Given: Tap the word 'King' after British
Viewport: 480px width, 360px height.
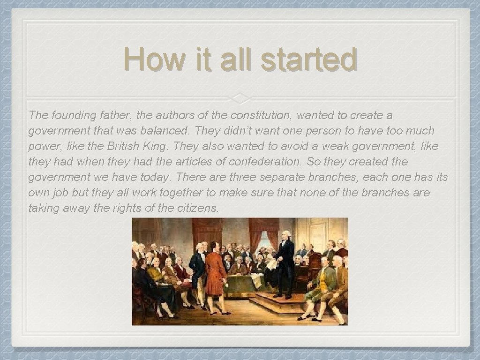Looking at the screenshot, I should point(157,146).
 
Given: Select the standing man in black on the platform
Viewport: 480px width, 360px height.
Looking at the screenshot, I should point(285,262).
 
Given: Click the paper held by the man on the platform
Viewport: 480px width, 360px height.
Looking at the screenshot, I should point(272,263).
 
